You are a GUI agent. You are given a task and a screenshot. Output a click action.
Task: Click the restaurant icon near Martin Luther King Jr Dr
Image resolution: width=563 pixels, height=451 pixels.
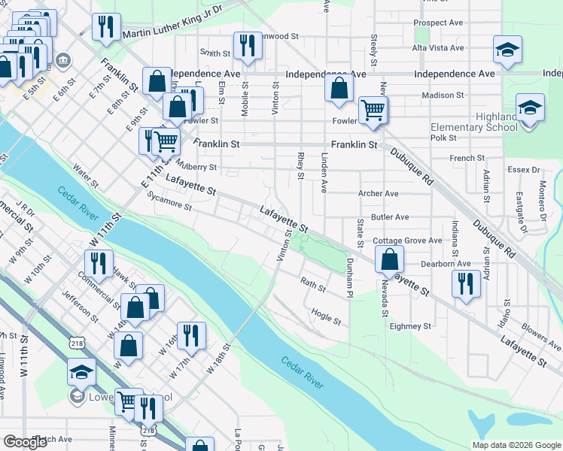point(106,27)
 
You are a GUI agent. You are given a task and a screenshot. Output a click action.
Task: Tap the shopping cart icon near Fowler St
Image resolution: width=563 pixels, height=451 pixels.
point(373,110)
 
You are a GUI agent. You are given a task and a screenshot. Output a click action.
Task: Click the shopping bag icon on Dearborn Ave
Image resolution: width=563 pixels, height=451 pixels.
point(390,260)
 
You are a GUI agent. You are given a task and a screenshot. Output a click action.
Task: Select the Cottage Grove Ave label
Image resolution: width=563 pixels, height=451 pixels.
point(407,241)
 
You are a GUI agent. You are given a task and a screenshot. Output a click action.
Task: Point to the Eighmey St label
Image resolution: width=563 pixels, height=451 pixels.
point(409,326)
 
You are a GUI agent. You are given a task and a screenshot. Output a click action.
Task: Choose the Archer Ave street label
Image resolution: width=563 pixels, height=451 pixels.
point(378,193)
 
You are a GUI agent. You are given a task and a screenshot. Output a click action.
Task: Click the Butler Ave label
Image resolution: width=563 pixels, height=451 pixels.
point(390,216)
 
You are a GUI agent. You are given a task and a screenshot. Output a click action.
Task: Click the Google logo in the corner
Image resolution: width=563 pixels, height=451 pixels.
point(25,442)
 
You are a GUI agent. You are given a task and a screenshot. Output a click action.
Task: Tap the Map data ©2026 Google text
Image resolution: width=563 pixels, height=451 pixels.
point(516,445)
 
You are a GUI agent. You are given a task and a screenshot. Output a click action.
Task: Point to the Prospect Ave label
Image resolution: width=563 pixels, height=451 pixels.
point(438,23)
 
